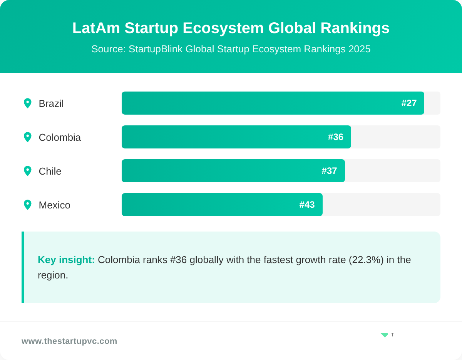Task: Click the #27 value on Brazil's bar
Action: point(409,103)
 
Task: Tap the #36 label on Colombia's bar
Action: point(335,137)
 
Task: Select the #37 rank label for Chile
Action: point(329,171)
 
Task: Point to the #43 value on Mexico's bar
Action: point(307,205)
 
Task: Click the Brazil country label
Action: point(51,103)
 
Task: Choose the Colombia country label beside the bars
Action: point(60,137)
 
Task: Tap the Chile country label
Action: point(50,171)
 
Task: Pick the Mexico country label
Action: point(54,205)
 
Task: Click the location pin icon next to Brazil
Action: point(27,103)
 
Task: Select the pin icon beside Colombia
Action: point(27,137)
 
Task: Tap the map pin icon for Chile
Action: point(27,171)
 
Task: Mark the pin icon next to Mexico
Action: point(27,205)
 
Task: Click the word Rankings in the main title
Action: point(355,28)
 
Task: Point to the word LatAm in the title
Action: point(96,28)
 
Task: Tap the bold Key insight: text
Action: point(66,260)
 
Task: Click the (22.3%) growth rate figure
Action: point(366,260)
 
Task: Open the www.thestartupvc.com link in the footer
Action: point(69,341)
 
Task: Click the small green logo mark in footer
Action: point(384,335)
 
